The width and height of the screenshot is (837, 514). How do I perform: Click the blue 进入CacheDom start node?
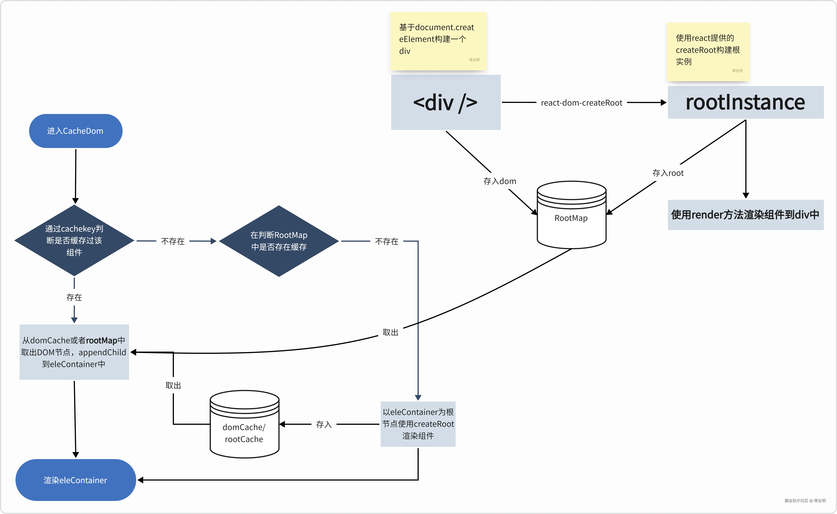point(76,131)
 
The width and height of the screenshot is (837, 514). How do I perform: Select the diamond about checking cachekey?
point(74,240)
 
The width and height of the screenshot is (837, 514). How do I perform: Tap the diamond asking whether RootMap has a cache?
point(279,241)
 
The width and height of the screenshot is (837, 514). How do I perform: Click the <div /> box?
point(446,102)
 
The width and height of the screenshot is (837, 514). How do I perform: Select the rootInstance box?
point(745,102)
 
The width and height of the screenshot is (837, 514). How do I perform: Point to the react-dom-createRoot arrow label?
point(581,103)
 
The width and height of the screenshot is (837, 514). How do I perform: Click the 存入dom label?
point(500,181)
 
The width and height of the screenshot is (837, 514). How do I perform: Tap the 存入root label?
point(668,173)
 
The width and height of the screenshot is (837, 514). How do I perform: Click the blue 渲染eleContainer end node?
point(76,480)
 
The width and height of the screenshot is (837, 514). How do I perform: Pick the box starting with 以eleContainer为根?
point(418,424)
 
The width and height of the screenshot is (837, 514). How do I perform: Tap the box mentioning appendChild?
point(74,352)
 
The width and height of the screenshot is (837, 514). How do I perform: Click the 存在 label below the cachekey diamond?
point(74,297)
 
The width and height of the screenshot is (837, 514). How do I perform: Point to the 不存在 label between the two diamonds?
point(173,241)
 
